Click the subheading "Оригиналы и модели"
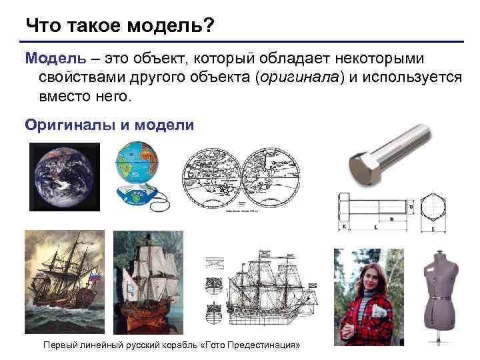click(x=109, y=125)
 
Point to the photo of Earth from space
click(x=64, y=177)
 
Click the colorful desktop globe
click(x=138, y=163)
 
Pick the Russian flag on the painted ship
click(x=94, y=275)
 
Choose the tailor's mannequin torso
click(x=441, y=287)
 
